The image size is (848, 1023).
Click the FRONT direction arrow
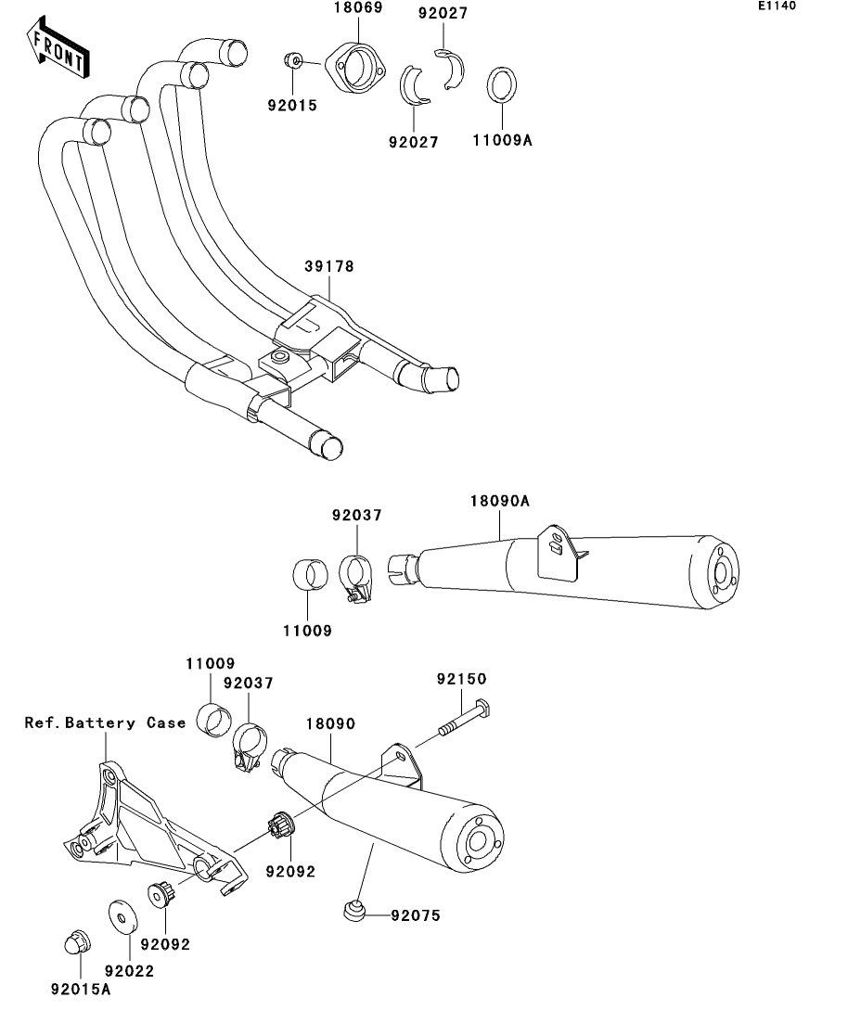pos(58,50)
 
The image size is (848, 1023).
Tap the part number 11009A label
pos(503,141)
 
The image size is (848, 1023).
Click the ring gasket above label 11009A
pos(502,86)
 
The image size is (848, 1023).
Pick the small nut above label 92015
pos(293,62)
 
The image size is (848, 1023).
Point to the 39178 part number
pos(328,266)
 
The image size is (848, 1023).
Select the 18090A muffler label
pos(499,501)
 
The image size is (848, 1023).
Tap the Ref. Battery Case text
pos(105,722)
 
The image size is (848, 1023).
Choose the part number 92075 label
pos(415,915)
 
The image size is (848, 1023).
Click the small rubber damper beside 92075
pos(353,911)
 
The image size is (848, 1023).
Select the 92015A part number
pos(81,990)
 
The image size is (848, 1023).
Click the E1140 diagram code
pos(777,6)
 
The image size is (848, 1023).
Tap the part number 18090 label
pos(328,722)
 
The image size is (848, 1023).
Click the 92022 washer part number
pos(129,971)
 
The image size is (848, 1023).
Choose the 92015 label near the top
pos(291,106)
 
